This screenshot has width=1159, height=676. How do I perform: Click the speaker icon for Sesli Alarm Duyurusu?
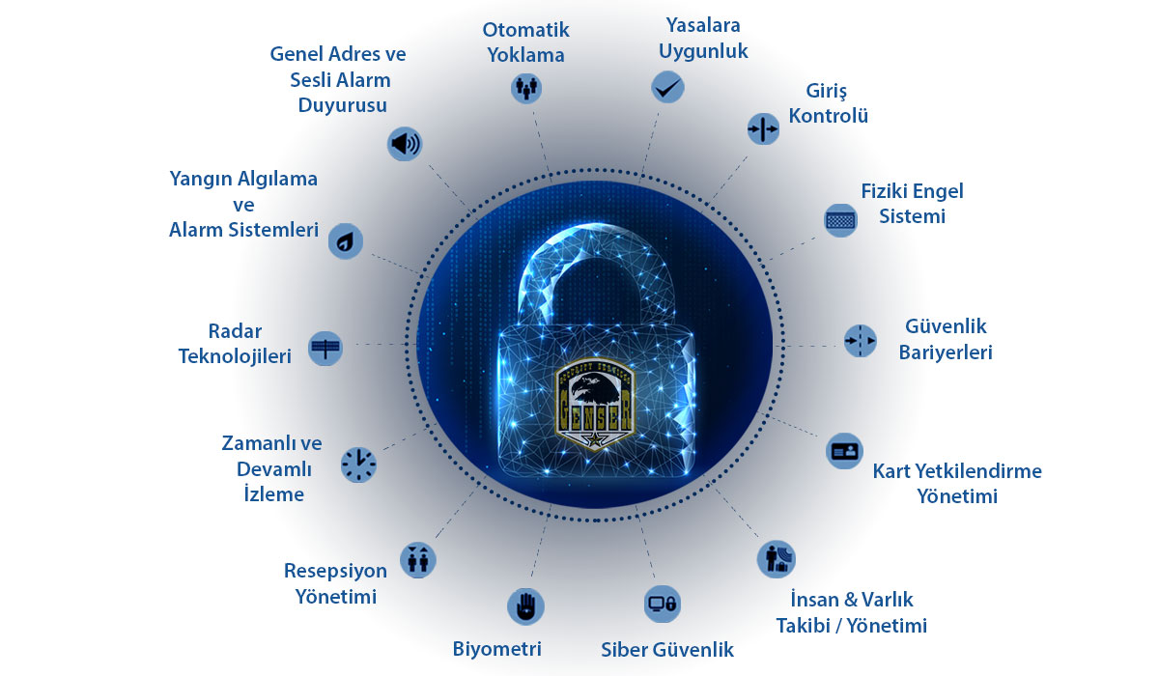(405, 144)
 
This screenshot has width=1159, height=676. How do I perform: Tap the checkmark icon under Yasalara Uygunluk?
(666, 88)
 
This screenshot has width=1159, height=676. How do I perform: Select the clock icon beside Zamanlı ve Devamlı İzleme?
(358, 465)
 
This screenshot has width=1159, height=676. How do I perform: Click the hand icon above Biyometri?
(525, 606)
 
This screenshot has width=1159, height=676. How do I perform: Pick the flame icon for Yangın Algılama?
(345, 239)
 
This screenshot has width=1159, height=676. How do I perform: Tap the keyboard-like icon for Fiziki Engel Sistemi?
(841, 219)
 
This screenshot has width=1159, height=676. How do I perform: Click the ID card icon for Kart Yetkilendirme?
(843, 451)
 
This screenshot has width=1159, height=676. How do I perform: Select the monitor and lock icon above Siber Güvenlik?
(663, 604)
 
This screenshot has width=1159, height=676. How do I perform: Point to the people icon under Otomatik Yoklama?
(525, 88)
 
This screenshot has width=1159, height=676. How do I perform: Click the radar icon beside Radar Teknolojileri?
(325, 347)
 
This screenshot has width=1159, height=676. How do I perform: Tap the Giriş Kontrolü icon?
(763, 128)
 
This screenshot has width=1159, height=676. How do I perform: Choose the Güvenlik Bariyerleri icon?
(859, 340)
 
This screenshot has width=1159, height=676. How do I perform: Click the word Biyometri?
(496, 648)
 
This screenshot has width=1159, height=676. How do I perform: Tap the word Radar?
(235, 330)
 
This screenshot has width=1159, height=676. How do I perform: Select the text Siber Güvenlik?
(666, 650)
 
